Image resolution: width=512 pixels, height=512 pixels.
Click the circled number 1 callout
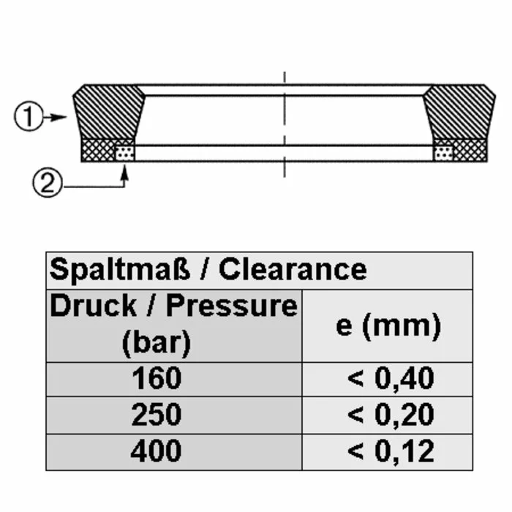29,116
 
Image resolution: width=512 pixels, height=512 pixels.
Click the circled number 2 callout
47,183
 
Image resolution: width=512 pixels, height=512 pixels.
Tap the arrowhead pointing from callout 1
59,117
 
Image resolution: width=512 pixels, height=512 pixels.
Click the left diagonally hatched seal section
109,112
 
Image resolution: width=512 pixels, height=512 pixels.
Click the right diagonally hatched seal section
459,112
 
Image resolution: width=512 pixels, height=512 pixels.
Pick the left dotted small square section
124,153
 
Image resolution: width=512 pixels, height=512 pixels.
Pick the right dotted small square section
443,153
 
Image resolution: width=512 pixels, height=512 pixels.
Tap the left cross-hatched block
98,150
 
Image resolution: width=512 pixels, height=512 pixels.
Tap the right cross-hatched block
470,150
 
